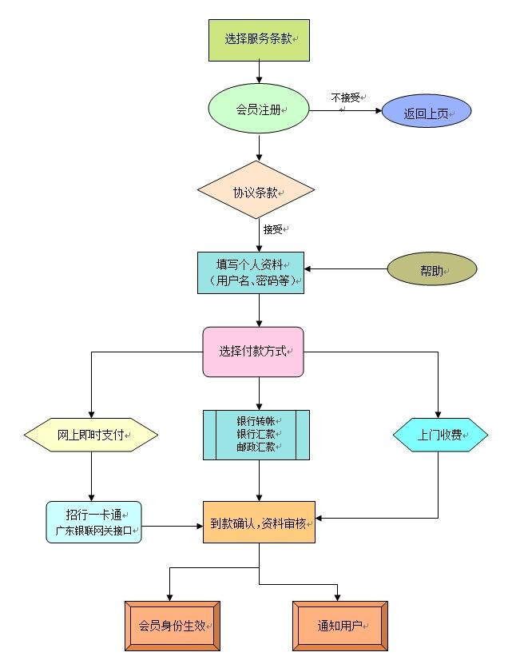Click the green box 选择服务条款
[x=258, y=39]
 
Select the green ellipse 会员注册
[x=259, y=110]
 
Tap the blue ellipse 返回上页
[x=427, y=113]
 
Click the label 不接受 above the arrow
[x=346, y=97]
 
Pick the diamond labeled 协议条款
[x=256, y=191]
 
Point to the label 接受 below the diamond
[x=273, y=229]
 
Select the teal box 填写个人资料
[x=251, y=272]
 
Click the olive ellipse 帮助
[x=431, y=270]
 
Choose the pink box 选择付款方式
[x=253, y=352]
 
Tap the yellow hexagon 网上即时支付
[x=91, y=435]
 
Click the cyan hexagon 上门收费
[x=440, y=435]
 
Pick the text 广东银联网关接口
[x=93, y=530]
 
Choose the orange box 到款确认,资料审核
[x=259, y=523]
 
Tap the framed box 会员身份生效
[x=173, y=626]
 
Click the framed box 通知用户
[x=340, y=626]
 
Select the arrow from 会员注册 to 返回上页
[x=345, y=111]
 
